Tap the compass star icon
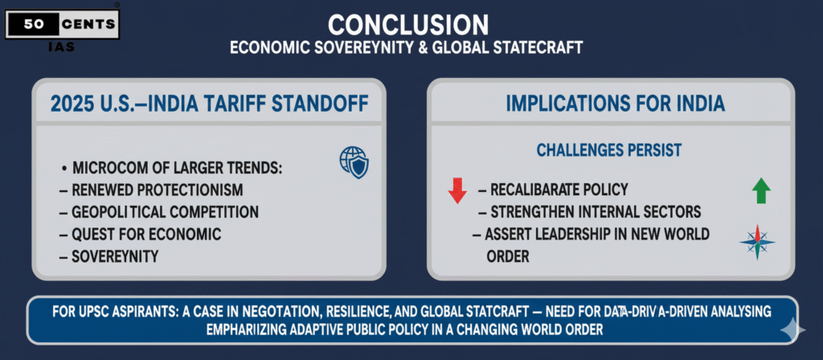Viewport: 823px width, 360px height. [x=757, y=242]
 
